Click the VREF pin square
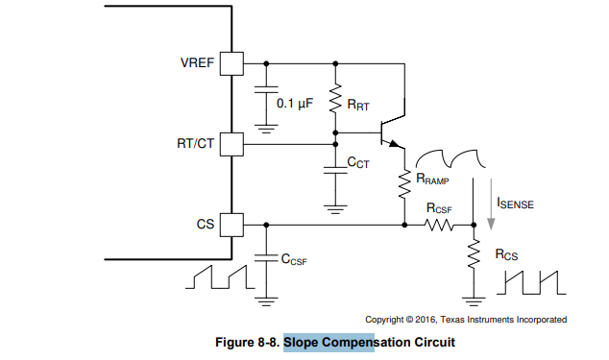click(231, 63)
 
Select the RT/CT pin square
click(231, 144)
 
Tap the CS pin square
click(231, 225)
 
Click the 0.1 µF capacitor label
click(295, 104)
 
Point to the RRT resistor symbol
click(335, 98)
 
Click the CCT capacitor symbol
click(335, 170)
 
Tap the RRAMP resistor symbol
click(404, 184)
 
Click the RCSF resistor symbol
click(439, 225)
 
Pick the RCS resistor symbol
click(474, 254)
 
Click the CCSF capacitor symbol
click(266, 258)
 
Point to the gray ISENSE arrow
click(491, 204)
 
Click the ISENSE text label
click(516, 204)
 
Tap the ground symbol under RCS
click(474, 301)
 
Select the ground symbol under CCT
click(335, 209)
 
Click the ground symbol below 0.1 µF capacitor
click(266, 129)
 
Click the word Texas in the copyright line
click(452, 320)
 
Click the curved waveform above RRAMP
click(451, 158)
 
